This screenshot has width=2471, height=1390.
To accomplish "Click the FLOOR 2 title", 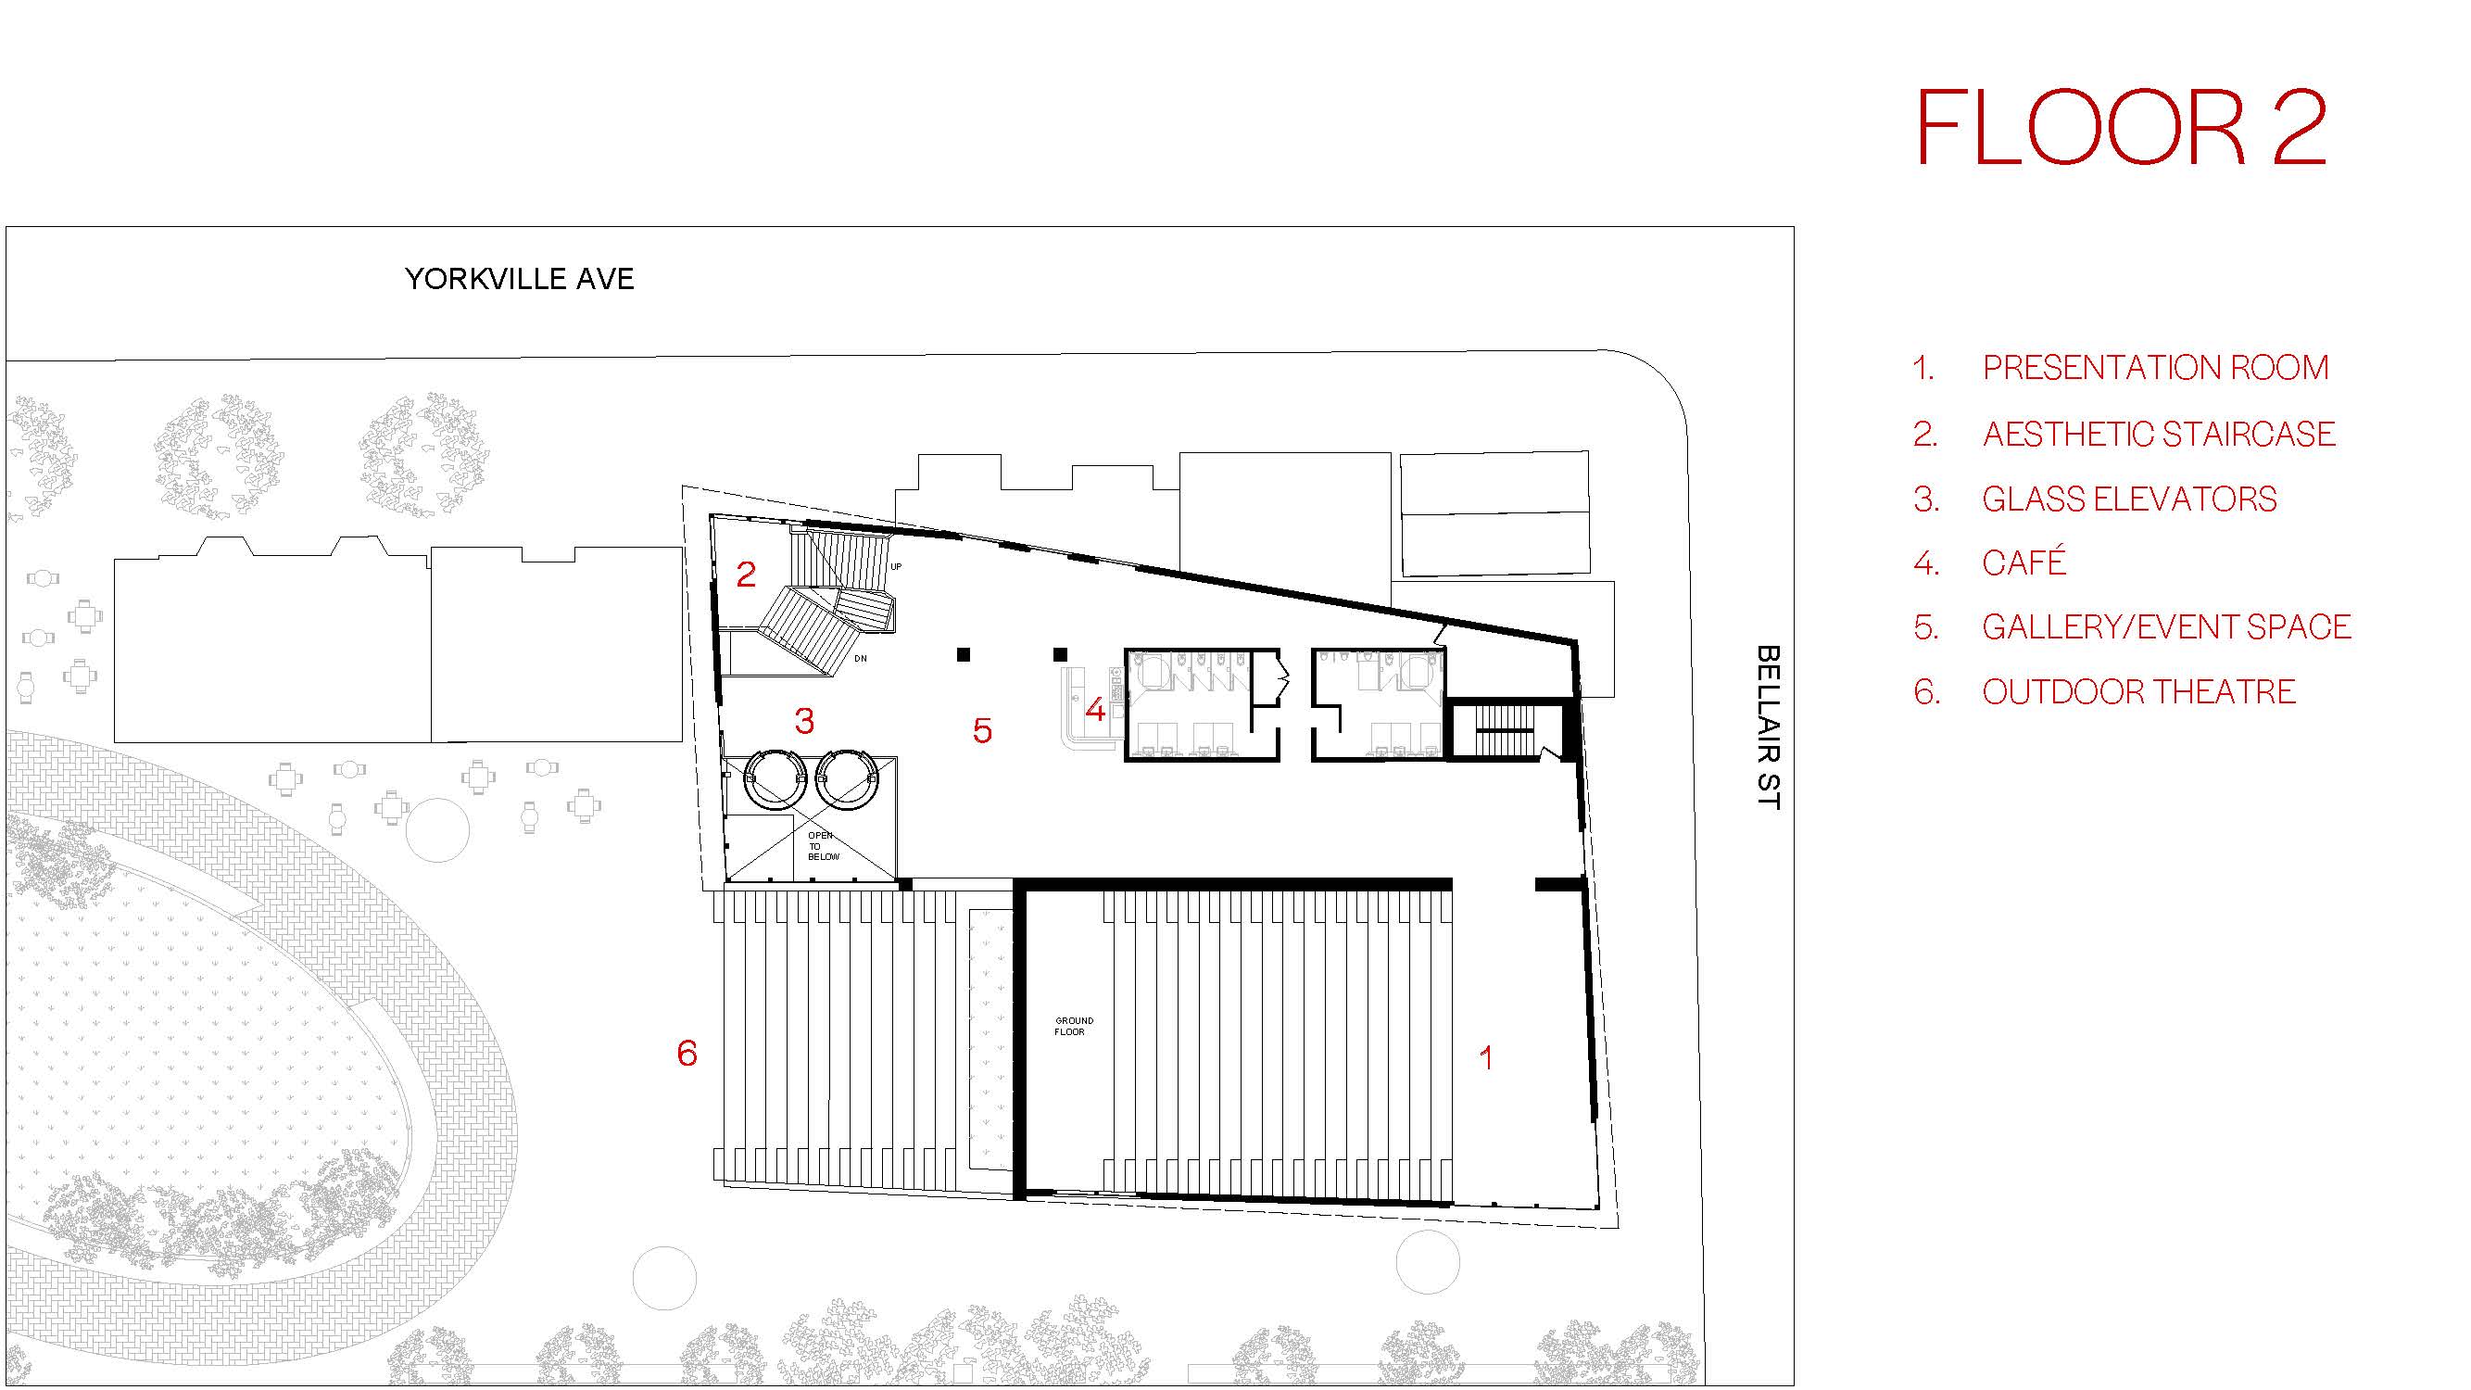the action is [x=2121, y=128].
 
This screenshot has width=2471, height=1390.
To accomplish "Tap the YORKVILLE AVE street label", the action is [x=520, y=279].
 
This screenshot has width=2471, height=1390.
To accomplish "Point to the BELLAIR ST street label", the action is [x=1768, y=727].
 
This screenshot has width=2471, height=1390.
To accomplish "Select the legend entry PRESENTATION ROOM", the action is [x=2154, y=367].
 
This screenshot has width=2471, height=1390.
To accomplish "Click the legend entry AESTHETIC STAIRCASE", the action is [x=2158, y=434].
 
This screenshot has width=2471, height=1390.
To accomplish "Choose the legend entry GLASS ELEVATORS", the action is [x=2128, y=499].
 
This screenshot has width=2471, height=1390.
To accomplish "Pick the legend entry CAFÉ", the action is [x=2024, y=562].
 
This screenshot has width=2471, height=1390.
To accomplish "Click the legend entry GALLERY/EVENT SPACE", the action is [x=2166, y=626].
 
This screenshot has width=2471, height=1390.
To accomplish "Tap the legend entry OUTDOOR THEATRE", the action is [x=2138, y=691].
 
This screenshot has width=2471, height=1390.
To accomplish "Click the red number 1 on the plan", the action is [x=1486, y=1057].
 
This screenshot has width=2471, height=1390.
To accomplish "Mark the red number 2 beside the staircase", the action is [x=746, y=574].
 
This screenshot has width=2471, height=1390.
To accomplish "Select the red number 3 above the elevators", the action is [x=805, y=720].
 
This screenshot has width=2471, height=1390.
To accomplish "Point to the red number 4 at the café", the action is [x=1095, y=710].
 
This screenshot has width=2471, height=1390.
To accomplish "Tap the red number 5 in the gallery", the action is [x=982, y=730].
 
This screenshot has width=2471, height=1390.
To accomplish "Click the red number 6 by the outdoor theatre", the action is [x=687, y=1054].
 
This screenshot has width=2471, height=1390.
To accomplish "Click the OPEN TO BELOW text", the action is [x=823, y=846].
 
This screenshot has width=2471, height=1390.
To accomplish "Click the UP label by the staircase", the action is [x=896, y=567].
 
